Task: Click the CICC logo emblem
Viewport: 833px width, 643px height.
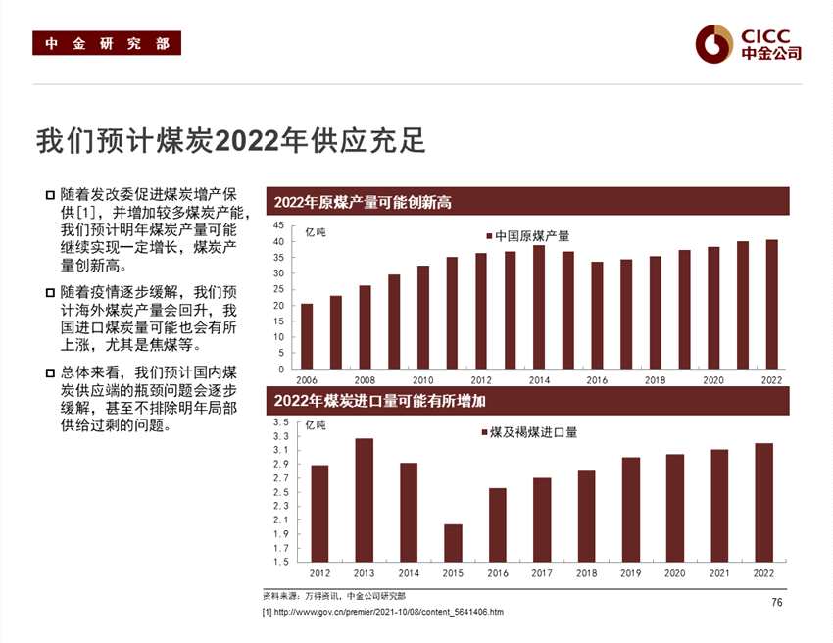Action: click(713, 43)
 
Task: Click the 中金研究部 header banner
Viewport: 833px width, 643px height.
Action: click(107, 44)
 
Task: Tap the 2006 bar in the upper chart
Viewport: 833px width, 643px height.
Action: click(307, 336)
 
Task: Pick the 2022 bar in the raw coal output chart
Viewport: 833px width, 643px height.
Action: click(772, 304)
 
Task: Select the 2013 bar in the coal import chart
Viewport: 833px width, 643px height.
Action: click(364, 500)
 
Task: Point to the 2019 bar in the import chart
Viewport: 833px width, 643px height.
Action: click(630, 510)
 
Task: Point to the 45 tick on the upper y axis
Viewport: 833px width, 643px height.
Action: click(279, 225)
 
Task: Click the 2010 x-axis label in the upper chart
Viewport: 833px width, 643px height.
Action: click(422, 380)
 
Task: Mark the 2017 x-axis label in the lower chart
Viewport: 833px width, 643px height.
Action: click(541, 572)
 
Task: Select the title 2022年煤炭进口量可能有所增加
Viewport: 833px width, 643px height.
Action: click(380, 400)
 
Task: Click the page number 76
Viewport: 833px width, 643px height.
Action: click(777, 602)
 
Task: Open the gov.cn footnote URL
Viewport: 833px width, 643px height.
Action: click(388, 613)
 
